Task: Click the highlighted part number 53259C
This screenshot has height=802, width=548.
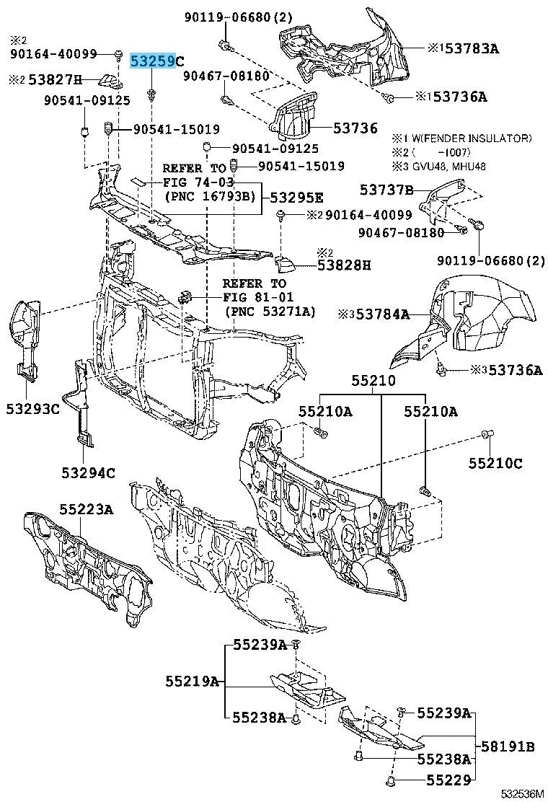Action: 156,61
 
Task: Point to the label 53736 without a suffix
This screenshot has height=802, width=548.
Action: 355,128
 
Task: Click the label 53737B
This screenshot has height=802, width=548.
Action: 386,190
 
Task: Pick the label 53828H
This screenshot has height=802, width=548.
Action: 344,265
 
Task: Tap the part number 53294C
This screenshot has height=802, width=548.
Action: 88,473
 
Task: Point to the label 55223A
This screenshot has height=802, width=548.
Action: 86,510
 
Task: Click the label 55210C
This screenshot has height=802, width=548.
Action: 495,463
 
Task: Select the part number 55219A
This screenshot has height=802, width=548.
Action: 191,680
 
